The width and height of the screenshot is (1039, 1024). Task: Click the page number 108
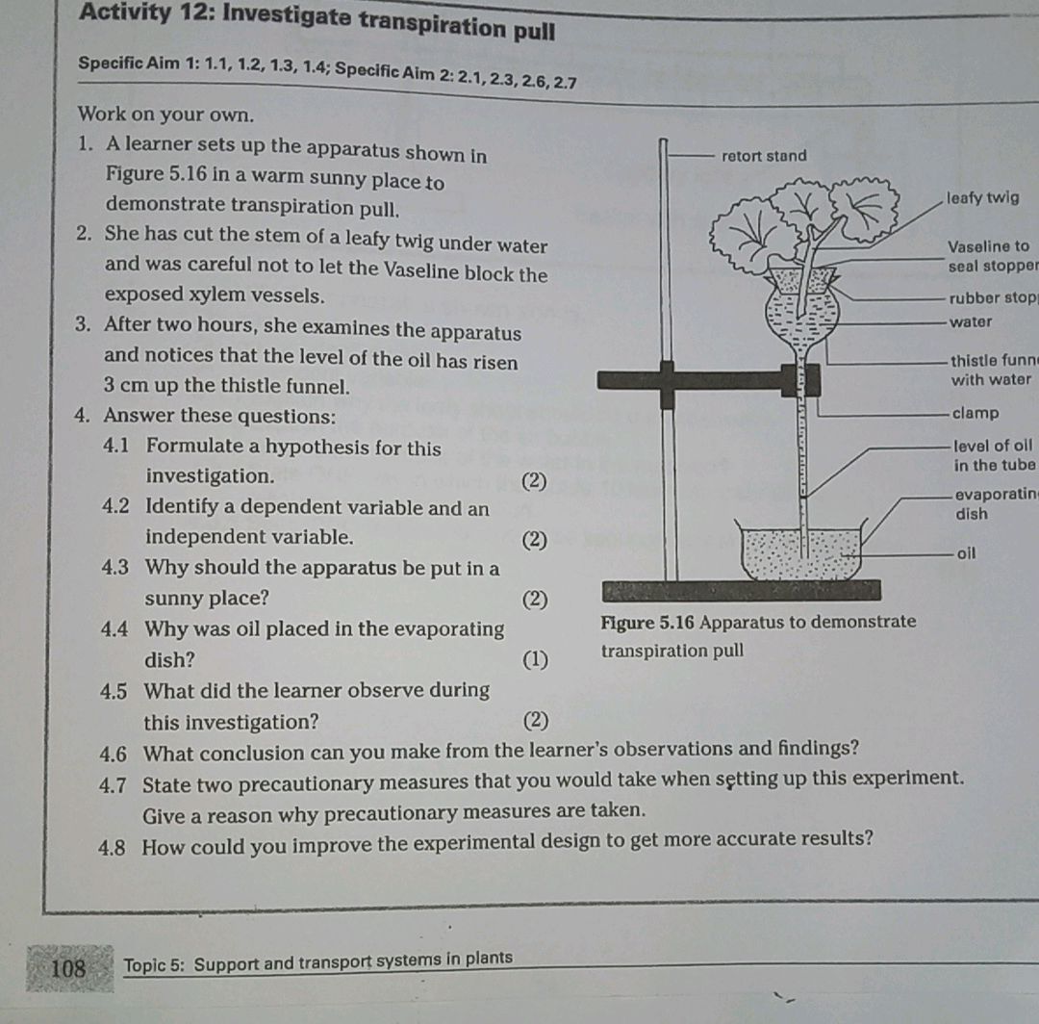68,967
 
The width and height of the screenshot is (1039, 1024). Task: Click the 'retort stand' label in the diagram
764,156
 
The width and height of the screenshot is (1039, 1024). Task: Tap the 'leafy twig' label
982,198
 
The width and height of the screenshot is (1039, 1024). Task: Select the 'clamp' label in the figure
975,414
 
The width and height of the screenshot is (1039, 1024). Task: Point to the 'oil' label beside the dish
967,553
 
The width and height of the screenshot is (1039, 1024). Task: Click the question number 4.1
120,448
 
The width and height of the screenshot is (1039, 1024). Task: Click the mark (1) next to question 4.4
533,660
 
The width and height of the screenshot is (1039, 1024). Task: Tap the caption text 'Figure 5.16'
646,622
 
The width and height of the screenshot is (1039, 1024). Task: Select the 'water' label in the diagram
970,322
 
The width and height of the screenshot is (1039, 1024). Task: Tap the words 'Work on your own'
166,115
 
